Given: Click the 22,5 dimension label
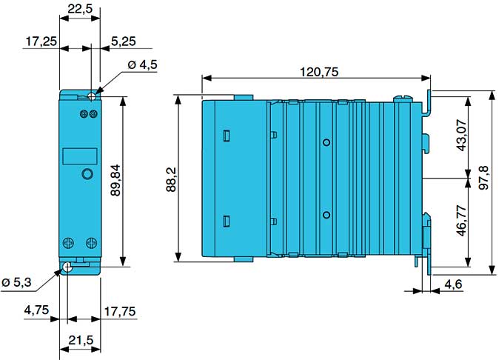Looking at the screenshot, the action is pyautogui.click(x=80, y=9).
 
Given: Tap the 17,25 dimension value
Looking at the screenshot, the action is pyautogui.click(x=41, y=41).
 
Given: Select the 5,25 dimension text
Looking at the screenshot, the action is pyautogui.click(x=124, y=41).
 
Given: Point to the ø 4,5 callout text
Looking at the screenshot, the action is pyautogui.click(x=143, y=64).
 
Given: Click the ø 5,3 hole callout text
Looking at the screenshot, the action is pyautogui.click(x=16, y=282).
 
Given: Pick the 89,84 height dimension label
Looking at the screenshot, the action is pyautogui.click(x=115, y=180).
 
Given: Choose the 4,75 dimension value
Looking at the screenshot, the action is pyautogui.click(x=36, y=310).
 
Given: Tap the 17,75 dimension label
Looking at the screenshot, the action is pyautogui.click(x=120, y=311).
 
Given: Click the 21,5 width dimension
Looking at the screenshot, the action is pyautogui.click(x=81, y=340).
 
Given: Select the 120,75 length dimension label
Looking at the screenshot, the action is pyautogui.click(x=320, y=72).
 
